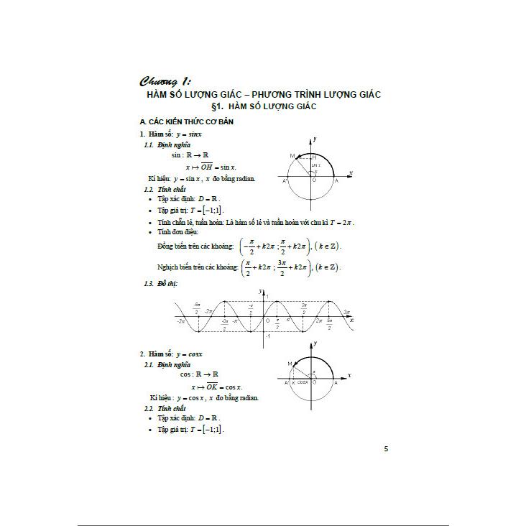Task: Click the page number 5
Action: click(x=386, y=450)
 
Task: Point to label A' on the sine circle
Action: click(x=285, y=180)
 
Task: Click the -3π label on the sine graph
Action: click(x=181, y=322)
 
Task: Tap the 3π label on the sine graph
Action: click(x=347, y=312)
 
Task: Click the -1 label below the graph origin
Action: click(x=267, y=336)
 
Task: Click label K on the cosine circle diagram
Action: click(x=293, y=383)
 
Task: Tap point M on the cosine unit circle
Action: click(x=289, y=364)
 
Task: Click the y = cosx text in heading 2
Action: click(x=190, y=354)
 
